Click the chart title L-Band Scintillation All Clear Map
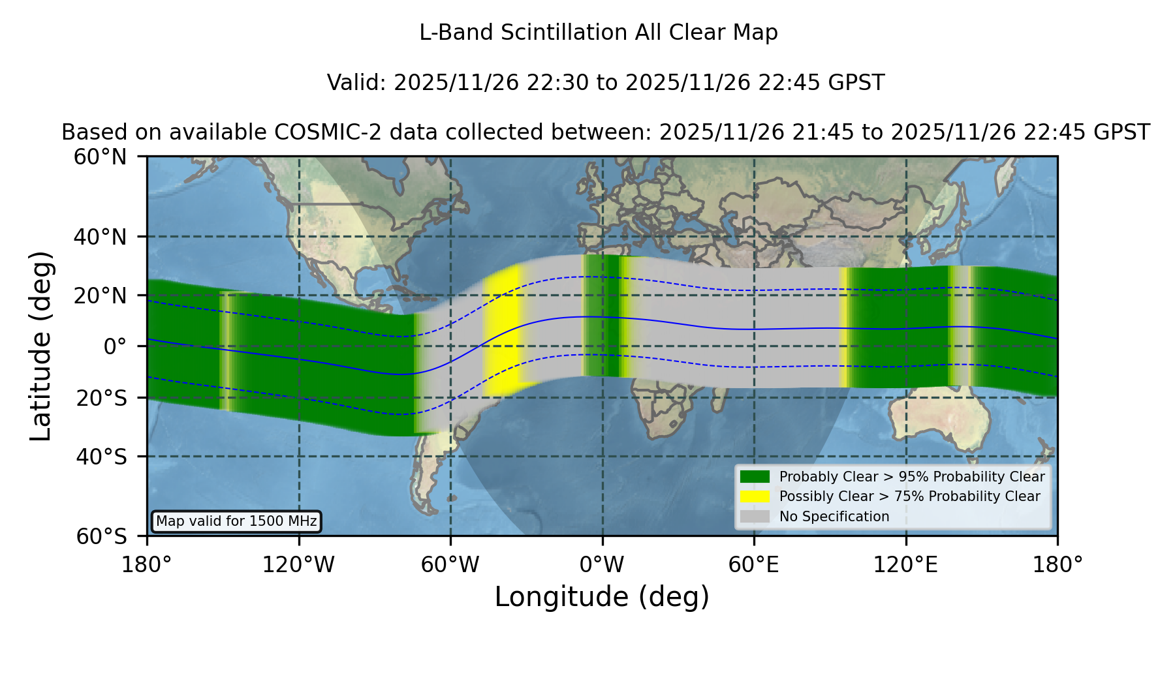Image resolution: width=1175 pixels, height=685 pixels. pyautogui.click(x=599, y=33)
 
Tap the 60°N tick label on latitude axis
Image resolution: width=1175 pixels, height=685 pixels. pyautogui.click(x=100, y=157)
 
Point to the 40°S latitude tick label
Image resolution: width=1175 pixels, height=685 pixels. pyautogui.click(x=101, y=457)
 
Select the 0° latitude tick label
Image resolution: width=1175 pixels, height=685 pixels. pyautogui.click(x=115, y=346)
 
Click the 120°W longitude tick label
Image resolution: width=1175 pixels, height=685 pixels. pyautogui.click(x=298, y=565)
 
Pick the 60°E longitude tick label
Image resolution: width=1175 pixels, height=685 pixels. pyautogui.click(x=754, y=565)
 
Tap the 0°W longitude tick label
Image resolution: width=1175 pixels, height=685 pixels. pyautogui.click(x=603, y=565)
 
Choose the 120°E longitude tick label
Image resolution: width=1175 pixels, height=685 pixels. pyautogui.click(x=906, y=565)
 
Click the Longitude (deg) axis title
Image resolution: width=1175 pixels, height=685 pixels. pyautogui.click(x=602, y=597)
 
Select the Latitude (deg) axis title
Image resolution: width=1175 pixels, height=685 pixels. pyautogui.click(x=40, y=346)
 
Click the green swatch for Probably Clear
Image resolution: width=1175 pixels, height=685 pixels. pyautogui.click(x=755, y=477)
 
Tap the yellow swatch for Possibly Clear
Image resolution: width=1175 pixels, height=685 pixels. pyautogui.click(x=755, y=496)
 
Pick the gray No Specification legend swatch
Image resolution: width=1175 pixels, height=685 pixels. pyautogui.click(x=755, y=517)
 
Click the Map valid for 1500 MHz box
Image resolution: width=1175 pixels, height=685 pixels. pyautogui.click(x=236, y=521)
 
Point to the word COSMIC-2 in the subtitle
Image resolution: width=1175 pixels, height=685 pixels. pyautogui.click(x=324, y=132)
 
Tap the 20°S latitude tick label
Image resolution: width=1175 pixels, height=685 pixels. pyautogui.click(x=101, y=398)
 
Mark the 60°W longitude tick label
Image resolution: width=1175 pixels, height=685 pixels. pyautogui.click(x=450, y=565)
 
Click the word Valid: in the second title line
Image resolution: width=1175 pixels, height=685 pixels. pyautogui.click(x=358, y=83)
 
